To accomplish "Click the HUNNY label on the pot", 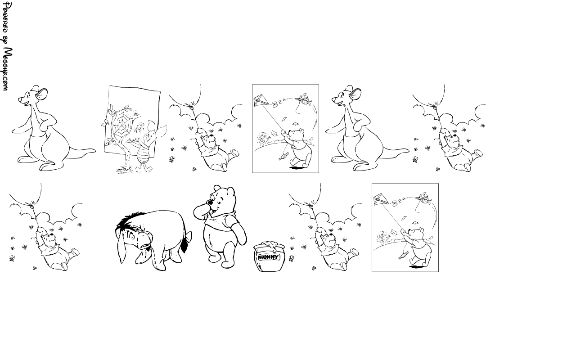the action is tap(269, 257).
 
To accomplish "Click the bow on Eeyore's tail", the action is tap(189, 237).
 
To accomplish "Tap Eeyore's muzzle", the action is tap(146, 240).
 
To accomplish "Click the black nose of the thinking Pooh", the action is tap(211, 203).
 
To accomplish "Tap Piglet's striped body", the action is tap(143, 156).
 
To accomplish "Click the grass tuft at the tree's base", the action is tap(124, 170).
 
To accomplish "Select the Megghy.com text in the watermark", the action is tap(8, 69).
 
